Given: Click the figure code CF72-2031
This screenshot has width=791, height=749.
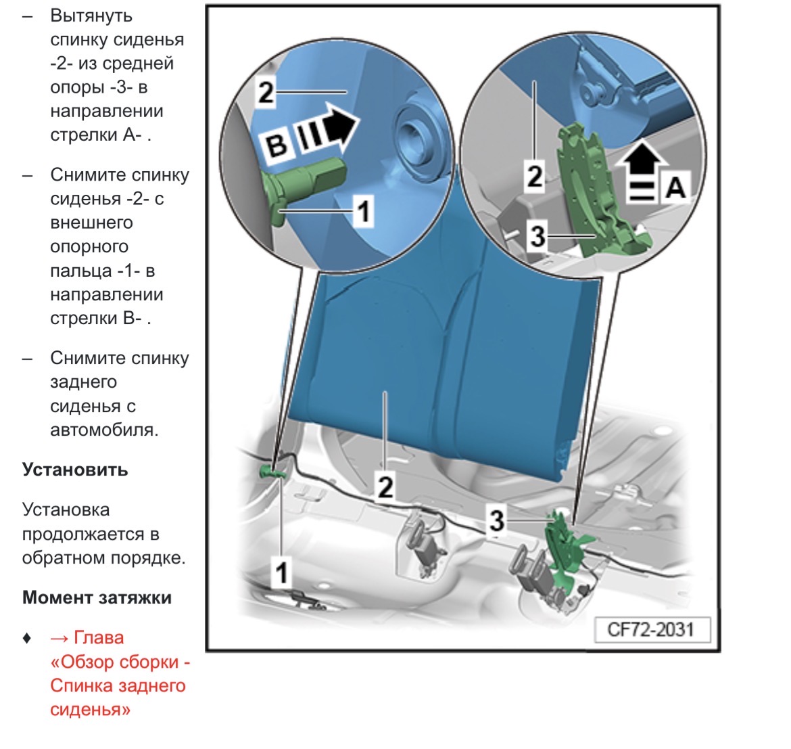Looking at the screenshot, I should pyautogui.click(x=651, y=630).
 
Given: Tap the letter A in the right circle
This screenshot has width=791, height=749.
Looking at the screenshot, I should pyautogui.click(x=675, y=185).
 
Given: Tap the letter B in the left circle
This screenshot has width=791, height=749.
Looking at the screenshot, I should pyautogui.click(x=277, y=145).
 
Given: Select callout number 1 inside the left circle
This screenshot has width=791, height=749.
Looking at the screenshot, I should pyautogui.click(x=363, y=211).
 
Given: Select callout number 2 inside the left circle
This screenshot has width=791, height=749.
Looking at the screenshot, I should pyautogui.click(x=266, y=93).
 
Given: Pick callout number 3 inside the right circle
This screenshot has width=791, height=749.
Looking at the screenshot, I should pyautogui.click(x=537, y=236).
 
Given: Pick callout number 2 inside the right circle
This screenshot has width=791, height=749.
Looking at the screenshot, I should pyautogui.click(x=534, y=177).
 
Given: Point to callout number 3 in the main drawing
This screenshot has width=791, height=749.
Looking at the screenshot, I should pyautogui.click(x=497, y=520).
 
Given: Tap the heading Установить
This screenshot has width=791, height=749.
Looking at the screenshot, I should pyautogui.click(x=75, y=470).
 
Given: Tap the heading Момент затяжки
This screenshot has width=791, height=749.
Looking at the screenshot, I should pyautogui.click(x=97, y=597).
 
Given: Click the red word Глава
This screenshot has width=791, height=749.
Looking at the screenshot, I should pyautogui.click(x=99, y=637).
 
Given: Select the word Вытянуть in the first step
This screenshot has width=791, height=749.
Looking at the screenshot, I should pyautogui.click(x=91, y=16).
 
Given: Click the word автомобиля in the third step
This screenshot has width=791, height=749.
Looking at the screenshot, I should pyautogui.click(x=104, y=430).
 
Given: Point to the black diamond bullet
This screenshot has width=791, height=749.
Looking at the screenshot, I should pyautogui.click(x=27, y=637).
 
